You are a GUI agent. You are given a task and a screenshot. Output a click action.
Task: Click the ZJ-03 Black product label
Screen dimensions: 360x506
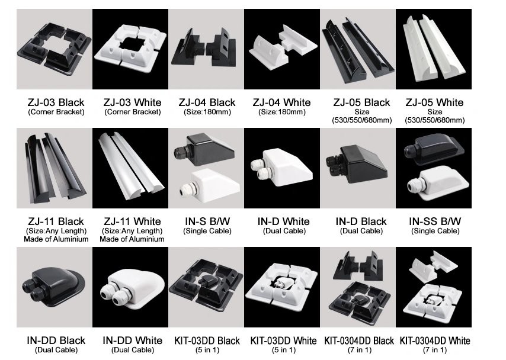(56, 102)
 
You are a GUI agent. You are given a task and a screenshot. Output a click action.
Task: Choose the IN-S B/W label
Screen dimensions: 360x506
(207, 222)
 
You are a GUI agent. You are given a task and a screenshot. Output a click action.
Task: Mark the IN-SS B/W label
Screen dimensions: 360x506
(435, 222)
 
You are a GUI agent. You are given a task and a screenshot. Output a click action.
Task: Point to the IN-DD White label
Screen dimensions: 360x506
(132, 340)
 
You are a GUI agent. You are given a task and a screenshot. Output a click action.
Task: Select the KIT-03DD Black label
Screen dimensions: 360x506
(207, 340)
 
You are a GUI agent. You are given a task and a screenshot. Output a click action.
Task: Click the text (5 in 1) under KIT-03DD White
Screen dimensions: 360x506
(283, 350)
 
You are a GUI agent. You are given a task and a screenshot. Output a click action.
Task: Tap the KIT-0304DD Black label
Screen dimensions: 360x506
(359, 340)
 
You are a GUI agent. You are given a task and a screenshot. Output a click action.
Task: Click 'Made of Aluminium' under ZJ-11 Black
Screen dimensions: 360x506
(56, 239)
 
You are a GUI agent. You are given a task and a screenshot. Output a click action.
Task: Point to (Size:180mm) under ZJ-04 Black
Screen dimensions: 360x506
(207, 112)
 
